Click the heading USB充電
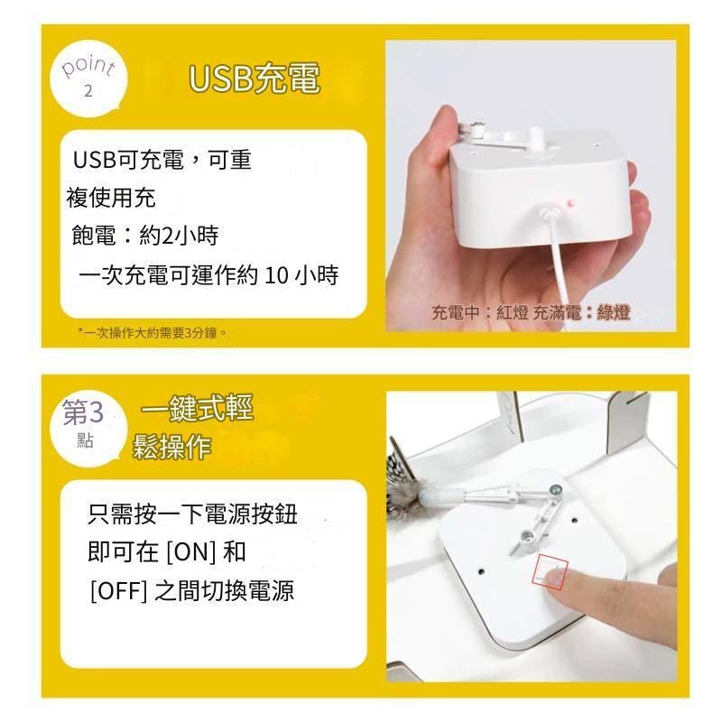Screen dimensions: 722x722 click(255, 79)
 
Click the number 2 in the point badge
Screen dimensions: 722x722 click(88, 92)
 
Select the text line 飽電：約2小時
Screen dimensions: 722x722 click(144, 236)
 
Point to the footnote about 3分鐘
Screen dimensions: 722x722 click(153, 333)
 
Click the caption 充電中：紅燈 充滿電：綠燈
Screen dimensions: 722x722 click(531, 313)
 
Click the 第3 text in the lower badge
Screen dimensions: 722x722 click(83, 413)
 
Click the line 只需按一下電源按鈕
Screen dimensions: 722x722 click(192, 514)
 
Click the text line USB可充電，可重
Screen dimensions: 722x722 click(162, 161)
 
